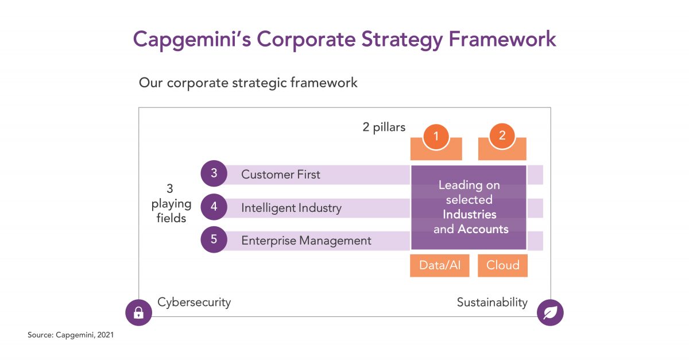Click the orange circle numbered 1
tap(436, 137)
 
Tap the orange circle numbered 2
tap(502, 136)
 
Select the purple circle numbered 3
tap(214, 173)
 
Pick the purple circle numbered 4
tap(214, 207)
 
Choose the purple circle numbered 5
tap(214, 239)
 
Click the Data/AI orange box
tap(440, 265)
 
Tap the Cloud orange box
tap(502, 265)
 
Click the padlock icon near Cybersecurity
tap(138, 312)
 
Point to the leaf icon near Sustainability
tap(550, 312)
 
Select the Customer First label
tap(281, 175)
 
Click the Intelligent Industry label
tap(291, 208)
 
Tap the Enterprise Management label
tap(306, 241)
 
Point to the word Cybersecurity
tap(194, 303)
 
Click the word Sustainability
tap(492, 303)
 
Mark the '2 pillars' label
tap(384, 127)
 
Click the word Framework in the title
tap(502, 39)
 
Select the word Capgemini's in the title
tap(192, 40)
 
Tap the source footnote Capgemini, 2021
tap(71, 335)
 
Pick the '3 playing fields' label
tap(171, 203)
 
